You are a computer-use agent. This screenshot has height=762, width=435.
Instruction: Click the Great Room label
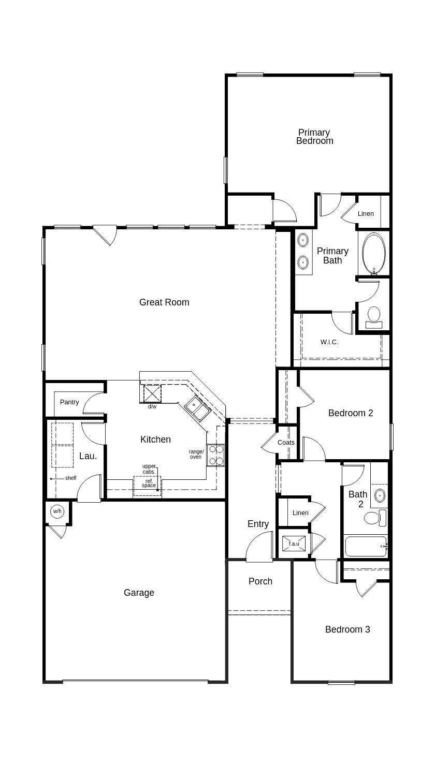tap(164, 302)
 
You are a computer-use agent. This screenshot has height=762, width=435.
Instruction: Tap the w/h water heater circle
tap(57, 511)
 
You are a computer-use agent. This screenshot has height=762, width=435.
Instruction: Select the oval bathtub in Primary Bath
tap(373, 253)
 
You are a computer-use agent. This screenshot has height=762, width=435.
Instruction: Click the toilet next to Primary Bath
tap(373, 316)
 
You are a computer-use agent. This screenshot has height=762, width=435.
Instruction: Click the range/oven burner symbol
tap(216, 455)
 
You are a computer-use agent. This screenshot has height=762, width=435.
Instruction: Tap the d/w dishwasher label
tap(152, 407)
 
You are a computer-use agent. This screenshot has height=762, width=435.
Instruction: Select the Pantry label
tap(69, 402)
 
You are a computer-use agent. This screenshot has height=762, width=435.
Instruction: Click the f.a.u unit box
tap(294, 544)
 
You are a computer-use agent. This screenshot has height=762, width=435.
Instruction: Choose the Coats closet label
tap(286, 443)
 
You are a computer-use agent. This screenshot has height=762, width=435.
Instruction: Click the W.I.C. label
tap(329, 342)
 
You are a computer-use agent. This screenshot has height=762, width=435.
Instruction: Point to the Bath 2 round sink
tap(380, 495)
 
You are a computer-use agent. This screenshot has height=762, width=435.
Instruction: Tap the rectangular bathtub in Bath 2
tap(366, 546)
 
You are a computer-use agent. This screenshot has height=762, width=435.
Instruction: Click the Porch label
tap(260, 581)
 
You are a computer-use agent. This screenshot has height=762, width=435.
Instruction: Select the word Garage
tap(139, 593)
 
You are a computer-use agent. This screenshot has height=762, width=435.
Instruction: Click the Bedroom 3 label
tap(347, 629)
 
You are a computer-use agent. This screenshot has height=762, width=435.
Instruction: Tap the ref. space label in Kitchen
tap(149, 483)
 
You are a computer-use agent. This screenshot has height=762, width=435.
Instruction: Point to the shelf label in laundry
tap(70, 478)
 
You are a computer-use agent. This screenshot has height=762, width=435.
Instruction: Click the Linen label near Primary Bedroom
tap(366, 214)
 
